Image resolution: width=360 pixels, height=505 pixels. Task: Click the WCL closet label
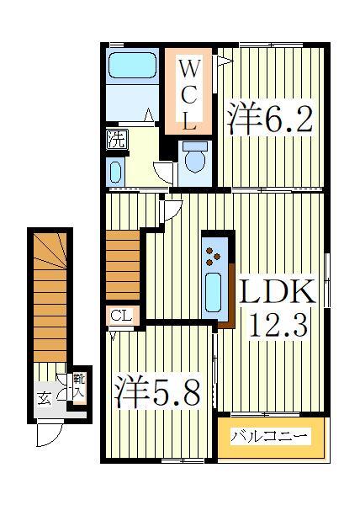pos(189,93)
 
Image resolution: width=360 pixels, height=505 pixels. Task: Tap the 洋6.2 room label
pos(270,117)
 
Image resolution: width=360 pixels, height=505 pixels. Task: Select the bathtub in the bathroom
pos(133,66)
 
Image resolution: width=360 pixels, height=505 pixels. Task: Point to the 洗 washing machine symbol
pos(115,141)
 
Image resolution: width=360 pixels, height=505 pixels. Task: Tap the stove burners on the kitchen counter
pos(214,250)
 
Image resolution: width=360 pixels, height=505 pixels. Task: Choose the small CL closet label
pos(119,316)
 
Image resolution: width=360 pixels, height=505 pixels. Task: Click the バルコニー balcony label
pos(269,437)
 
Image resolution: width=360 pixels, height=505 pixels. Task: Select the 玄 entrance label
pos(44,396)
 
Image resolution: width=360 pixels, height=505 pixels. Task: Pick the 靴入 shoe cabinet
pos(78,388)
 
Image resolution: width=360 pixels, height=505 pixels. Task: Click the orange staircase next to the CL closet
pos(123,263)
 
